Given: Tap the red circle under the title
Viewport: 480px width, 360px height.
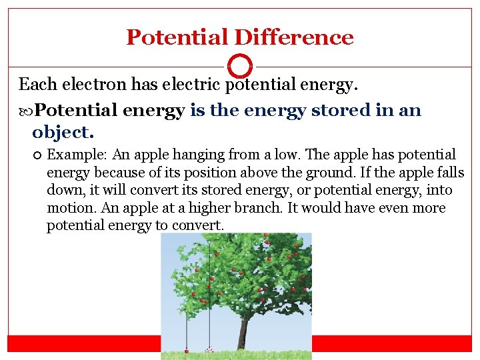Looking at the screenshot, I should coord(240,66).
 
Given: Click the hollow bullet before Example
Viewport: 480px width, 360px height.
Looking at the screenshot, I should coord(36,155).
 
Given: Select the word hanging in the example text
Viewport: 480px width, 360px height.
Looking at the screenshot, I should coord(201,155).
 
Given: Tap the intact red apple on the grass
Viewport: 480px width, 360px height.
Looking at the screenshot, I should coord(186,351).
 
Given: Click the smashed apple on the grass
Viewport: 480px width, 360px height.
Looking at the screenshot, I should coord(209,349).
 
